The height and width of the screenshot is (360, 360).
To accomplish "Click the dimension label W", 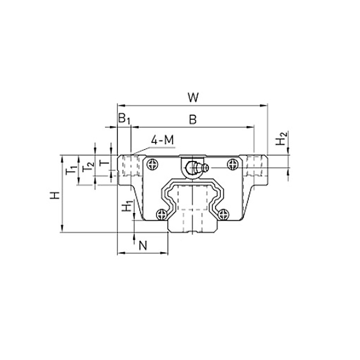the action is click(193, 97).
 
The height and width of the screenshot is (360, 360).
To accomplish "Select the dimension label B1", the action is click(124, 119).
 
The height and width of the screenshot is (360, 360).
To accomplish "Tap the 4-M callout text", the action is click(163, 140).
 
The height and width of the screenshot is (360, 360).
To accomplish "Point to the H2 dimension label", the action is click(281, 138).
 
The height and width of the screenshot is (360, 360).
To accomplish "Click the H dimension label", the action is click(55, 196).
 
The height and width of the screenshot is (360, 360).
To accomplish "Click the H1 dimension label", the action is click(127, 206).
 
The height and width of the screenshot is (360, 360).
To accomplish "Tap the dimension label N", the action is click(143, 246).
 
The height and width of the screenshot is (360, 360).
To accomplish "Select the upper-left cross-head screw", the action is click(153, 165).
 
